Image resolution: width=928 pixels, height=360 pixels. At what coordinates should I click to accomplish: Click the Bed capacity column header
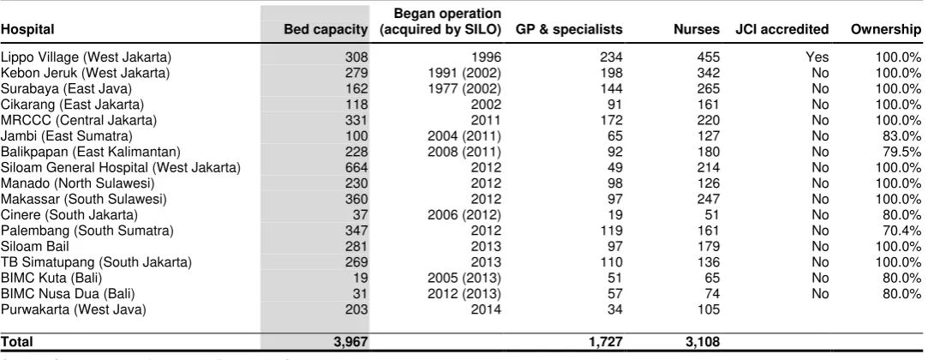pyautogui.click(x=326, y=30)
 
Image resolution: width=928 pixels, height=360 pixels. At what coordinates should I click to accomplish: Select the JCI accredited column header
pyautogui.click(x=781, y=30)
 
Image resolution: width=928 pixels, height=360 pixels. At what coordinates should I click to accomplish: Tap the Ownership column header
pyautogui.click(x=886, y=30)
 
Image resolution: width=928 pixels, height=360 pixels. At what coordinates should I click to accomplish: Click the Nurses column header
pyautogui.click(x=697, y=30)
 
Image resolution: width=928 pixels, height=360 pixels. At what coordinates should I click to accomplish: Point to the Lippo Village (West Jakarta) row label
pyautogui.click(x=86, y=57)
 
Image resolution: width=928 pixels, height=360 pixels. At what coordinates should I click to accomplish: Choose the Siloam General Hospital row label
pyautogui.click(x=121, y=167)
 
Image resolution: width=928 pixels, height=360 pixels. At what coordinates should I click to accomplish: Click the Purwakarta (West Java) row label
pyautogui.click(x=74, y=309)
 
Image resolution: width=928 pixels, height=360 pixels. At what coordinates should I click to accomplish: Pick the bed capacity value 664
pyautogui.click(x=356, y=167)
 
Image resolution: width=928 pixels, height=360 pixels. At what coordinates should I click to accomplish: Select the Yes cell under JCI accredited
pyautogui.click(x=817, y=57)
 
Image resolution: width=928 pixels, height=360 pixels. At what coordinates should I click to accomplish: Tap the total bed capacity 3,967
pyautogui.click(x=350, y=342)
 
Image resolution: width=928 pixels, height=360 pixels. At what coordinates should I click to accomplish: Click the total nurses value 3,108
pyautogui.click(x=703, y=342)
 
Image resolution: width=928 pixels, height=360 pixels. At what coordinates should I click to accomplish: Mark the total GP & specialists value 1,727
pyautogui.click(x=605, y=342)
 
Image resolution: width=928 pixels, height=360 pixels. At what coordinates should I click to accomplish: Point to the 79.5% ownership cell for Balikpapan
pyautogui.click(x=901, y=152)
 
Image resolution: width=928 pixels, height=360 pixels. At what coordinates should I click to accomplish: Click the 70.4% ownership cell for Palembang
pyautogui.click(x=901, y=231)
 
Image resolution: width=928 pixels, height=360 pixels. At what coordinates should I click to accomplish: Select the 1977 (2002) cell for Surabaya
pyautogui.click(x=464, y=89)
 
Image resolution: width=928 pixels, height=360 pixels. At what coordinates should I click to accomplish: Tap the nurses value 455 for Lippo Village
pyautogui.click(x=709, y=57)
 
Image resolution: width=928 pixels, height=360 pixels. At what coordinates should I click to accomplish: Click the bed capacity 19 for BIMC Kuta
pyautogui.click(x=361, y=278)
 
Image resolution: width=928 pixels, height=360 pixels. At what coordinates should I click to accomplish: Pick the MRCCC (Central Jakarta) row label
pyautogui.click(x=79, y=120)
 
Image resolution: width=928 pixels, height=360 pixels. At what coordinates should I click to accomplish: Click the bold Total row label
pyautogui.click(x=16, y=342)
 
